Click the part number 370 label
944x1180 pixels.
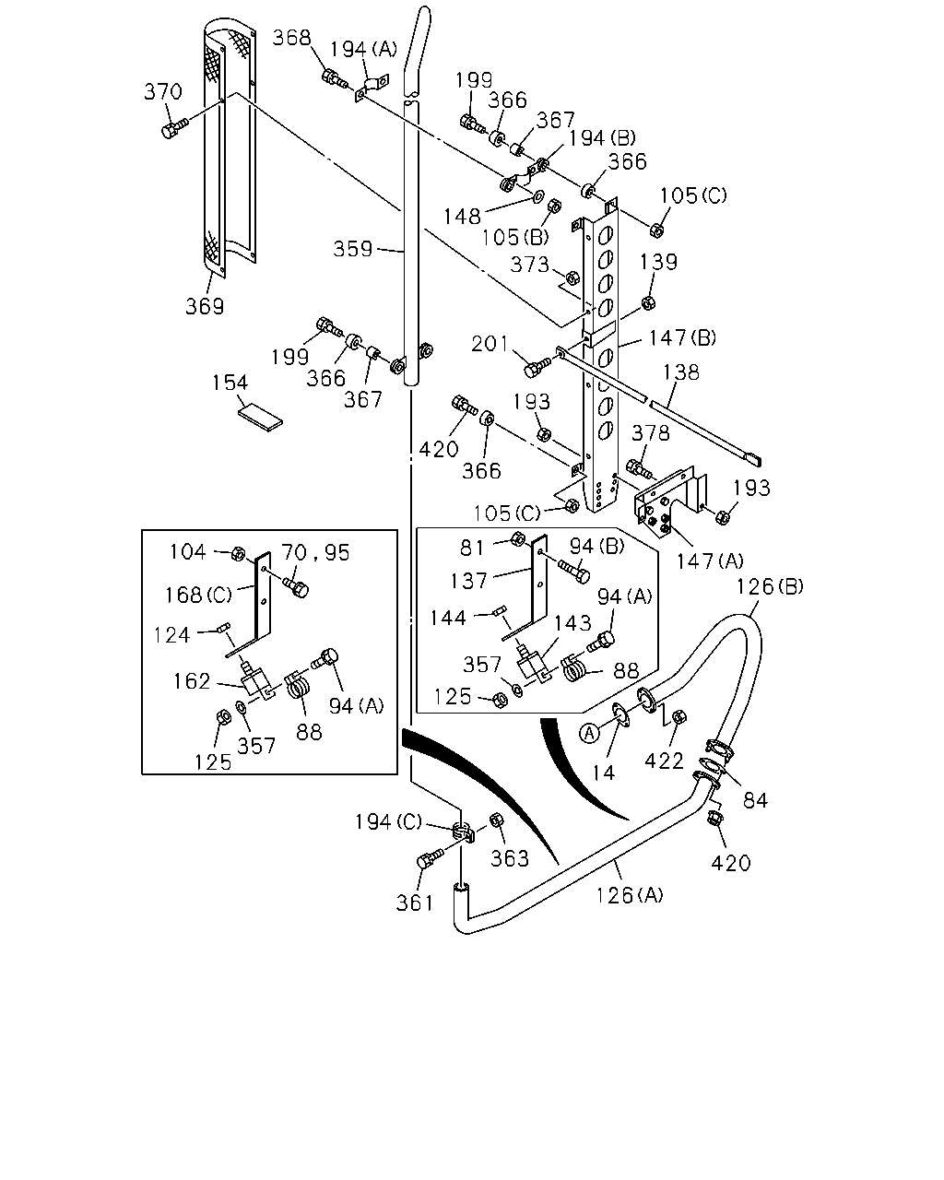(163, 91)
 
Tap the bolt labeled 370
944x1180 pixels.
(174, 128)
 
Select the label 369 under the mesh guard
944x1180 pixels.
(205, 306)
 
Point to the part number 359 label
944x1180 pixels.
(353, 250)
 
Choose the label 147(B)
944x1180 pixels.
(682, 337)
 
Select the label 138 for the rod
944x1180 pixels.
(680, 372)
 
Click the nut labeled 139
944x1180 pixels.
(648, 302)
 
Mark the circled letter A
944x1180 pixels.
(589, 733)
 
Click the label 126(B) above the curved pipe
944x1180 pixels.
(769, 586)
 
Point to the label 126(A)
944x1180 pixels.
(629, 895)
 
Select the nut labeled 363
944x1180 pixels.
(496, 820)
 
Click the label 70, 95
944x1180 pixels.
(315, 553)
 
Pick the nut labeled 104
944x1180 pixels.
(238, 553)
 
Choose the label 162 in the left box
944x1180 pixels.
(192, 681)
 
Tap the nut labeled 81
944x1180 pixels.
(517, 539)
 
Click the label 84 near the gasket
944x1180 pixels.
(755, 800)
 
